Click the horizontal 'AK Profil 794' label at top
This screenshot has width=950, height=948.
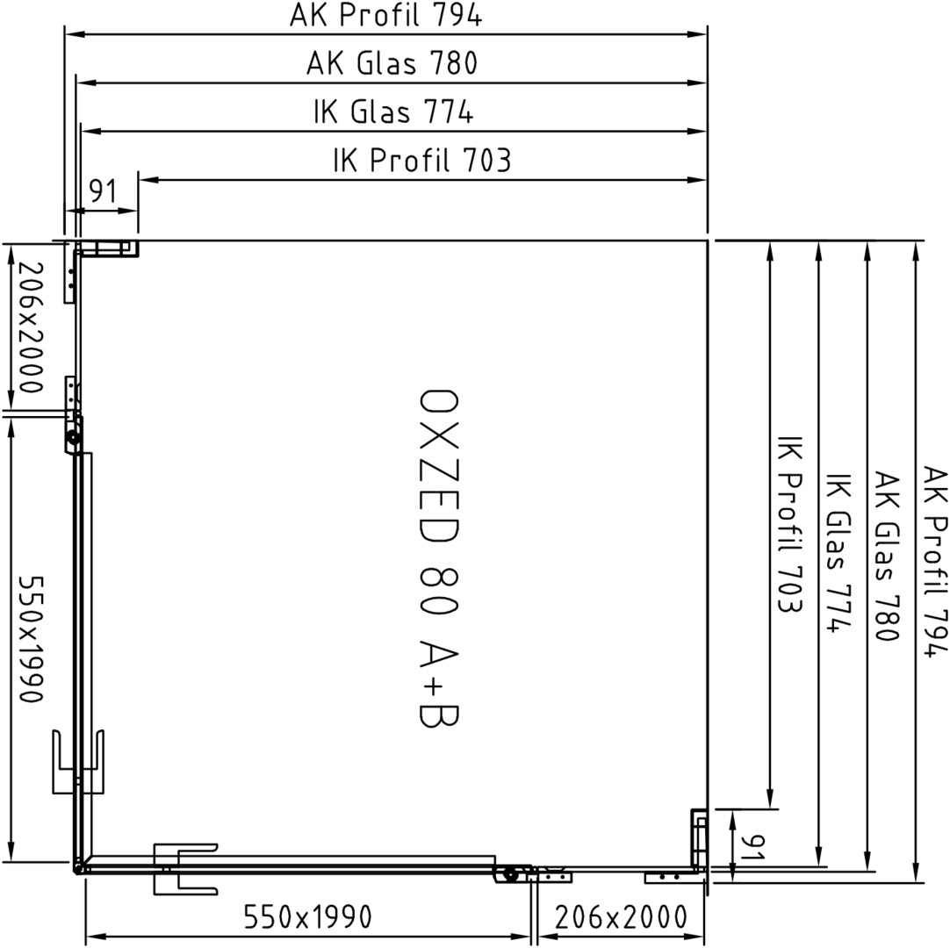point(386,15)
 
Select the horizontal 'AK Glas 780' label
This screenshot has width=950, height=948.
point(392,63)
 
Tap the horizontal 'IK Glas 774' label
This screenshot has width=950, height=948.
point(393,111)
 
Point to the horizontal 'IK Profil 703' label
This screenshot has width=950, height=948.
point(422,160)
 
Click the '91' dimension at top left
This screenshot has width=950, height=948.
point(103,191)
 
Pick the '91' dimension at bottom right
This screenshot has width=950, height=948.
point(753,846)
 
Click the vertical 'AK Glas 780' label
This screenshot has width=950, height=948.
point(886,557)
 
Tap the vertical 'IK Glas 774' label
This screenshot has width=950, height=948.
point(839,553)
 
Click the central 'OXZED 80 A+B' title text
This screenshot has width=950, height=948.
point(439,557)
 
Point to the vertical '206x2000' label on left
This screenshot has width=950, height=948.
point(32,327)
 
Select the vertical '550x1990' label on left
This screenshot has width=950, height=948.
point(32,638)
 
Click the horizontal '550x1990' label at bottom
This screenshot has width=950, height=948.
point(308,917)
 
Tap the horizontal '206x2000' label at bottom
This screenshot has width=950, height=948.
point(621,917)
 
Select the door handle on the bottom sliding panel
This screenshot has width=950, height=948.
point(184,869)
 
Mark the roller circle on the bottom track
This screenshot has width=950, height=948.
point(510,874)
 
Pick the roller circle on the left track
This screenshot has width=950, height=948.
point(74,437)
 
